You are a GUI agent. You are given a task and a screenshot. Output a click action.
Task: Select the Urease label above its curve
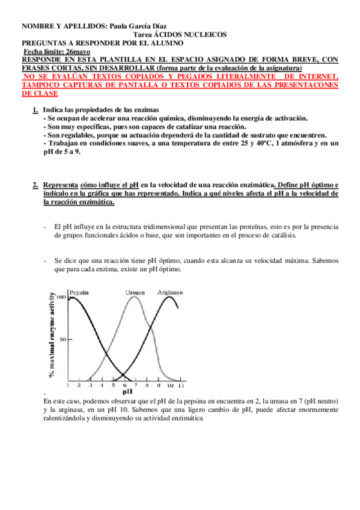point(135,292)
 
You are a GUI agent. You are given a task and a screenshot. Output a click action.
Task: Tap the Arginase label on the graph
point(170,292)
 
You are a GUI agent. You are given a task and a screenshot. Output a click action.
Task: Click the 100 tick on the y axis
point(61,297)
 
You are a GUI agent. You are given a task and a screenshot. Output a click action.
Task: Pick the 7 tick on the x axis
point(136,385)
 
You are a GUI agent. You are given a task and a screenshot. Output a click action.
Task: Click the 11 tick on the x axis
point(182,385)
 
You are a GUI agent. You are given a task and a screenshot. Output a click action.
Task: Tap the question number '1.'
point(35,109)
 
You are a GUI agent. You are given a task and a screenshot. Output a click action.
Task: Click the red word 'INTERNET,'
point(319,77)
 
